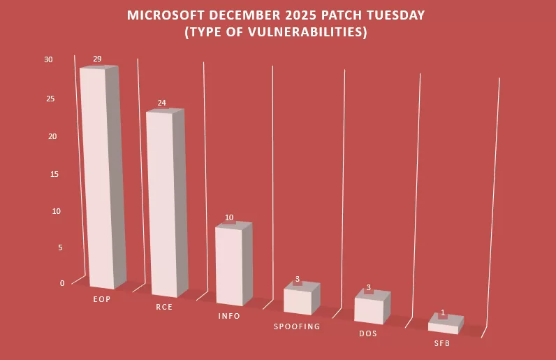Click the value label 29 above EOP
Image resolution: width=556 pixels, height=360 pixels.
coord(98,59)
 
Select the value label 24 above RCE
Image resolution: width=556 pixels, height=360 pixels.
coord(161,103)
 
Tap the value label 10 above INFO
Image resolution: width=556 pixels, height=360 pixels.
coord(229,217)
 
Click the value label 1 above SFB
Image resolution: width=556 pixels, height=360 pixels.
coord(443,312)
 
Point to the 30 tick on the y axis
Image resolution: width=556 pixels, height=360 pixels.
coord(48,59)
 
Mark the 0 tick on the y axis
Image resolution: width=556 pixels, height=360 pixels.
coord(62,283)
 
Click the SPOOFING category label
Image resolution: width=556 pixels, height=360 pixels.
coord(297,326)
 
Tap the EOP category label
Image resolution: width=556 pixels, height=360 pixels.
coord(102,299)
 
